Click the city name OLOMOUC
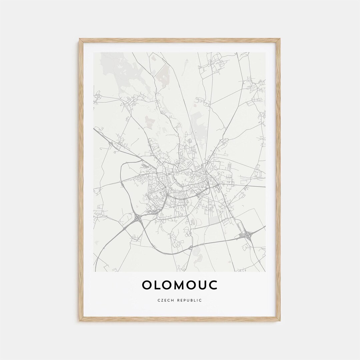[180, 285]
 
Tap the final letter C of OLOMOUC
[213, 285]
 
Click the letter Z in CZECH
[162, 300]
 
